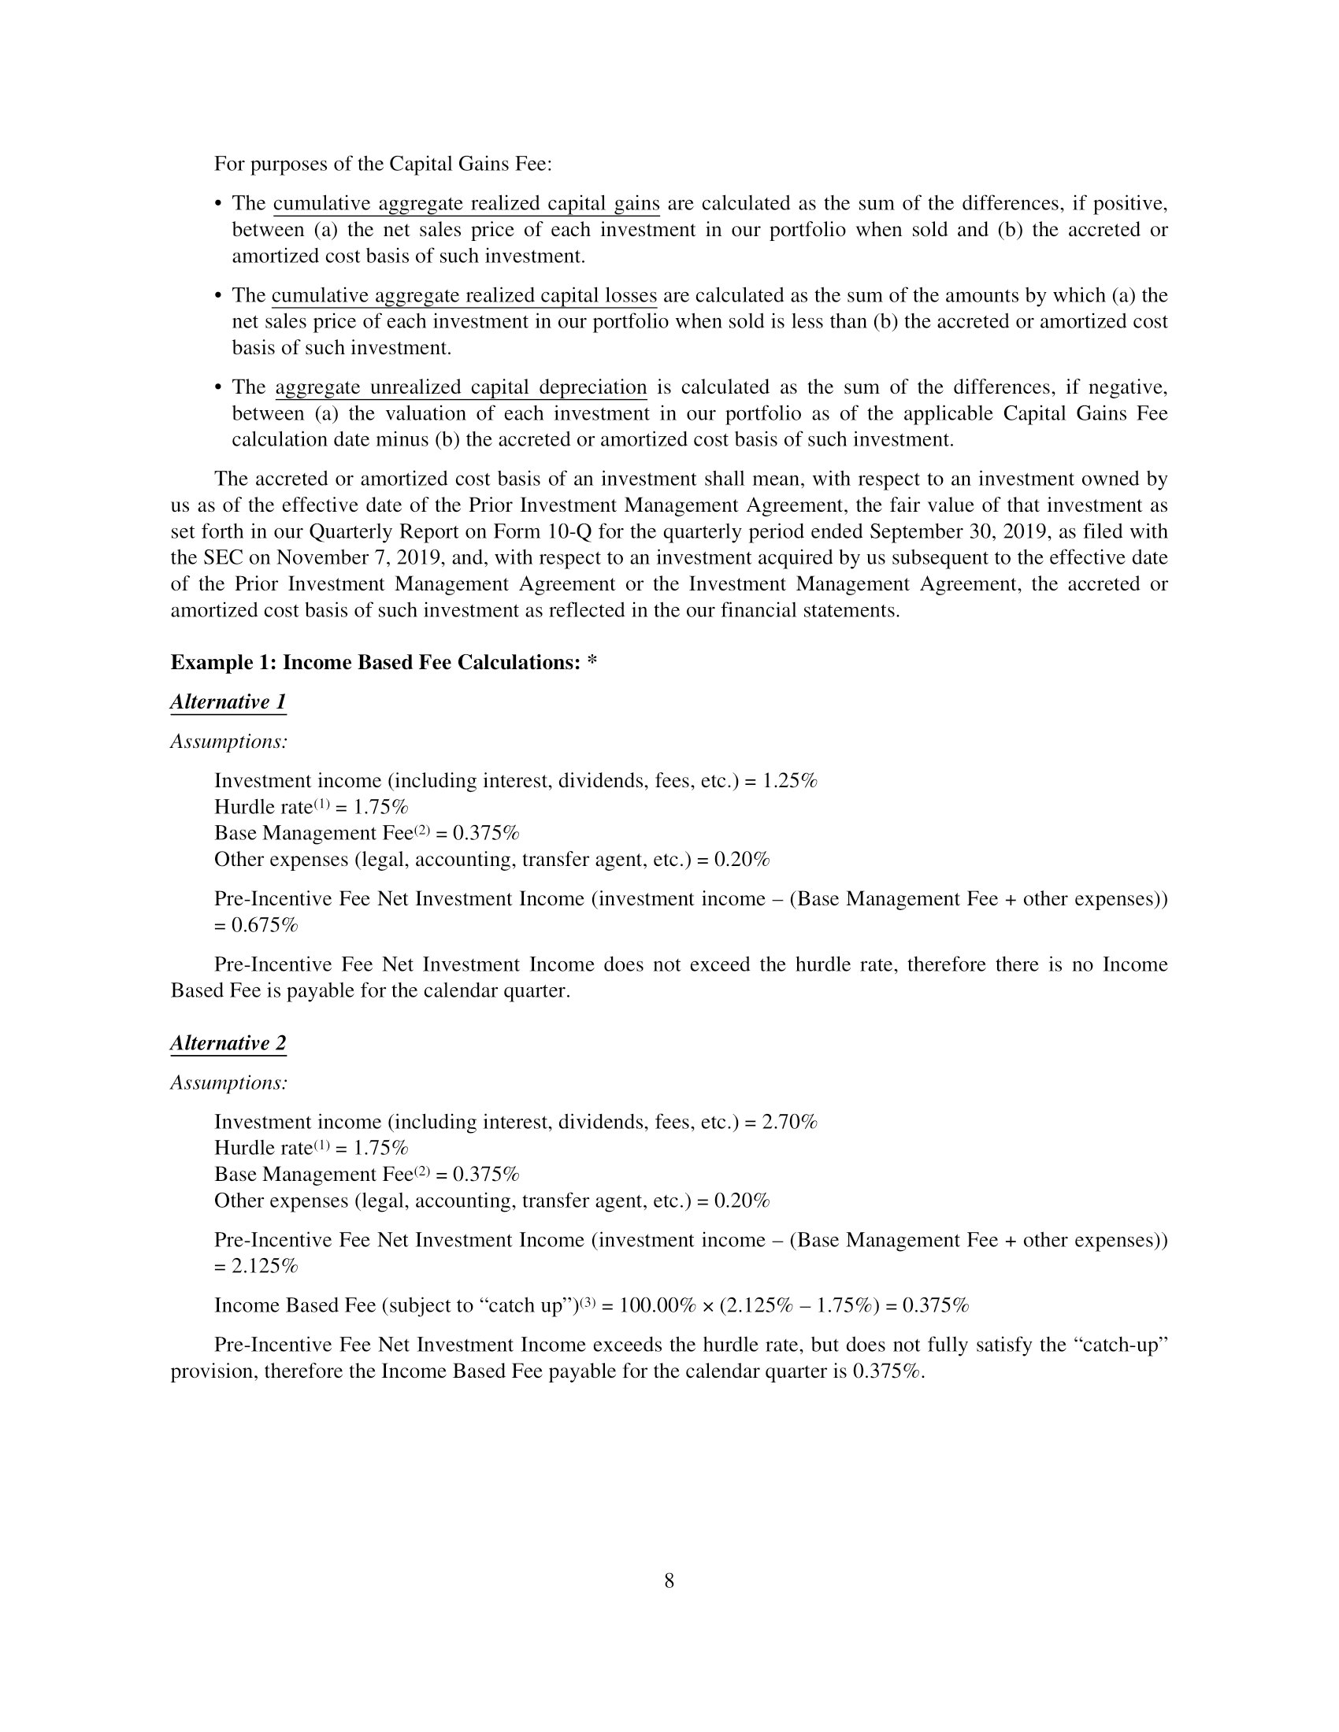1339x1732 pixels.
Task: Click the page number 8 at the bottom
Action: click(x=669, y=1582)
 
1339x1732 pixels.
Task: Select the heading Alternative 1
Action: click(x=228, y=701)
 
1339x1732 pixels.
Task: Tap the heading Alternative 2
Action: click(x=228, y=1043)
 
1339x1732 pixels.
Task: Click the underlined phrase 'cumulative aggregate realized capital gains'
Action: click(x=466, y=204)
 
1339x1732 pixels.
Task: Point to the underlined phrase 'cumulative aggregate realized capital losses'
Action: click(x=464, y=296)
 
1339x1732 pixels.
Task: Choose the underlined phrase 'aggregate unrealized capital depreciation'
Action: click(x=461, y=388)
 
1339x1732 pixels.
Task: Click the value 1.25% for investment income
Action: click(x=789, y=781)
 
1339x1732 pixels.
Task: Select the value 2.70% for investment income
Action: click(x=789, y=1122)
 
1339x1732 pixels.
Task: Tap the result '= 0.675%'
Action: click(x=256, y=926)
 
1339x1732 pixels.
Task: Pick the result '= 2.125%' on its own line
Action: click(x=256, y=1267)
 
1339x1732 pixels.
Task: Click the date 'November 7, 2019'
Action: click(x=357, y=557)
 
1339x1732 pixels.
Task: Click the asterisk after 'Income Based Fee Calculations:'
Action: click(x=592, y=663)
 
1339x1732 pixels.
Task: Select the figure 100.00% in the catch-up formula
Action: click(x=657, y=1306)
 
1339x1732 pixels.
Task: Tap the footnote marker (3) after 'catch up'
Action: click(x=588, y=1302)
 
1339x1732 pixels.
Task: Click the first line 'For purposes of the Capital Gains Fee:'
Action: click(x=382, y=165)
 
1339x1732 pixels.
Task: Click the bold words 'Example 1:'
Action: click(x=224, y=663)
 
